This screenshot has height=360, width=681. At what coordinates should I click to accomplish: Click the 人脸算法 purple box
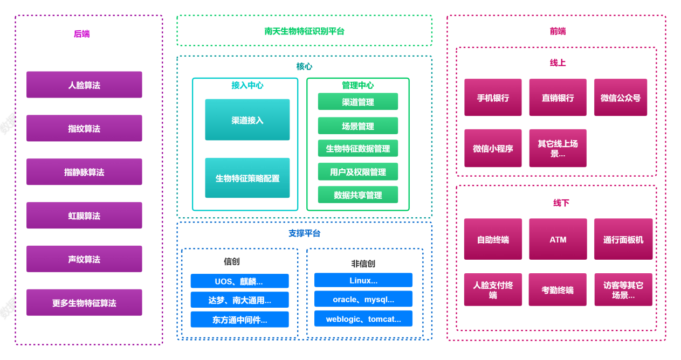84,85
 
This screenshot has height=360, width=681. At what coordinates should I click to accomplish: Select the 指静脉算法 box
84,172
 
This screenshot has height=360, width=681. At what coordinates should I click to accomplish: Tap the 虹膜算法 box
84,216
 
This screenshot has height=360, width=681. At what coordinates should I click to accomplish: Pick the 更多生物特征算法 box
84,303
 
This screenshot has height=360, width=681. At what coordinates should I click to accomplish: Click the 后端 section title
81,34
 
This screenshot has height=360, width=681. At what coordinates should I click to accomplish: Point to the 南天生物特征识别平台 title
304,31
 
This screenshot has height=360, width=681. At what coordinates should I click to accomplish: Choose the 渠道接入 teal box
247,120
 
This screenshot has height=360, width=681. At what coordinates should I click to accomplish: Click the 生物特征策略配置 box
247,178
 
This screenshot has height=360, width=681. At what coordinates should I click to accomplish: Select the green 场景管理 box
357,126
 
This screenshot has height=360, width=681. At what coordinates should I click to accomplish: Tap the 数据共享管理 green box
357,195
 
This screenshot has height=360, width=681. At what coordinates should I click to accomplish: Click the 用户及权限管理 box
357,172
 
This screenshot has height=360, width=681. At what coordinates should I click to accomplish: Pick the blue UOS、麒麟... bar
239,281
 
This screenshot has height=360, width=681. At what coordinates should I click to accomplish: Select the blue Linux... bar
363,280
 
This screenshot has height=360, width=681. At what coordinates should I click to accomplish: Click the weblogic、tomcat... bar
363,319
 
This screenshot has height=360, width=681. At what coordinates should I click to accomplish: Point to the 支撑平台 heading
304,233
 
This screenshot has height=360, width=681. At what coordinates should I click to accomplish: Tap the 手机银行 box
493,98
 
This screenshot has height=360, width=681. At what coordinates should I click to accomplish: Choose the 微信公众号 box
620,98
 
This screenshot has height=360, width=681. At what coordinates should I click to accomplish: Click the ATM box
558,239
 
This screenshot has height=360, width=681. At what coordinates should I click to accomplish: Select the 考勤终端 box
558,290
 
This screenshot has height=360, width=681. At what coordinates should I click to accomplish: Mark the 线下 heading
561,203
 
